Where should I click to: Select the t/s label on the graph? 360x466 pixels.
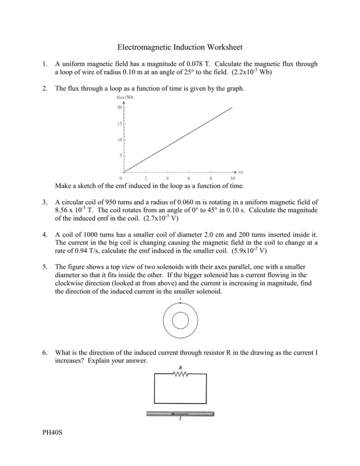(241, 172)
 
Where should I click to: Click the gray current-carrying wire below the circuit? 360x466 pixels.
(180, 414)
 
